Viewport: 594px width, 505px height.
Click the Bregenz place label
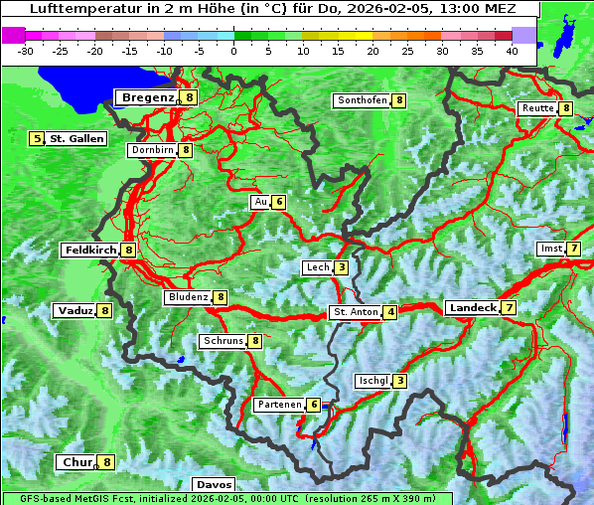pyautogui.click(x=148, y=97)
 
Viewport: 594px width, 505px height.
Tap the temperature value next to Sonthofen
pyautogui.click(x=399, y=100)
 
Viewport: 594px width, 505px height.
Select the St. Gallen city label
pyautogui.click(x=76, y=139)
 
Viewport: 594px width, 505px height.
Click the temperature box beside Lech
pyautogui.click(x=342, y=267)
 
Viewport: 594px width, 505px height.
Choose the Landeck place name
pyautogui.click(x=472, y=308)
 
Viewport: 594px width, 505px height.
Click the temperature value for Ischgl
pyautogui.click(x=399, y=381)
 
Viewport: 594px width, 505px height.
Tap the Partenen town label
pyautogui.click(x=279, y=405)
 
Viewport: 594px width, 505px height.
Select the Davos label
pyautogui.click(x=214, y=484)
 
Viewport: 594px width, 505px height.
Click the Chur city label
pyautogui.click(x=76, y=462)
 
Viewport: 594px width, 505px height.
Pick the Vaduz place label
pyautogui.click(x=75, y=310)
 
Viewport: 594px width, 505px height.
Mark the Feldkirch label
pyautogui.click(x=90, y=251)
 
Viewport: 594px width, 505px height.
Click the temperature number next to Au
pyautogui.click(x=279, y=202)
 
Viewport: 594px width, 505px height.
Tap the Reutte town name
pyautogui.click(x=537, y=108)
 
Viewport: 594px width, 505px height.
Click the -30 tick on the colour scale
pyautogui.click(x=26, y=51)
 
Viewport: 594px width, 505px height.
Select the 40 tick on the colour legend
pyautogui.click(x=512, y=51)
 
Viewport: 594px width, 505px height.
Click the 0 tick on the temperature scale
pyautogui.click(x=233, y=51)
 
